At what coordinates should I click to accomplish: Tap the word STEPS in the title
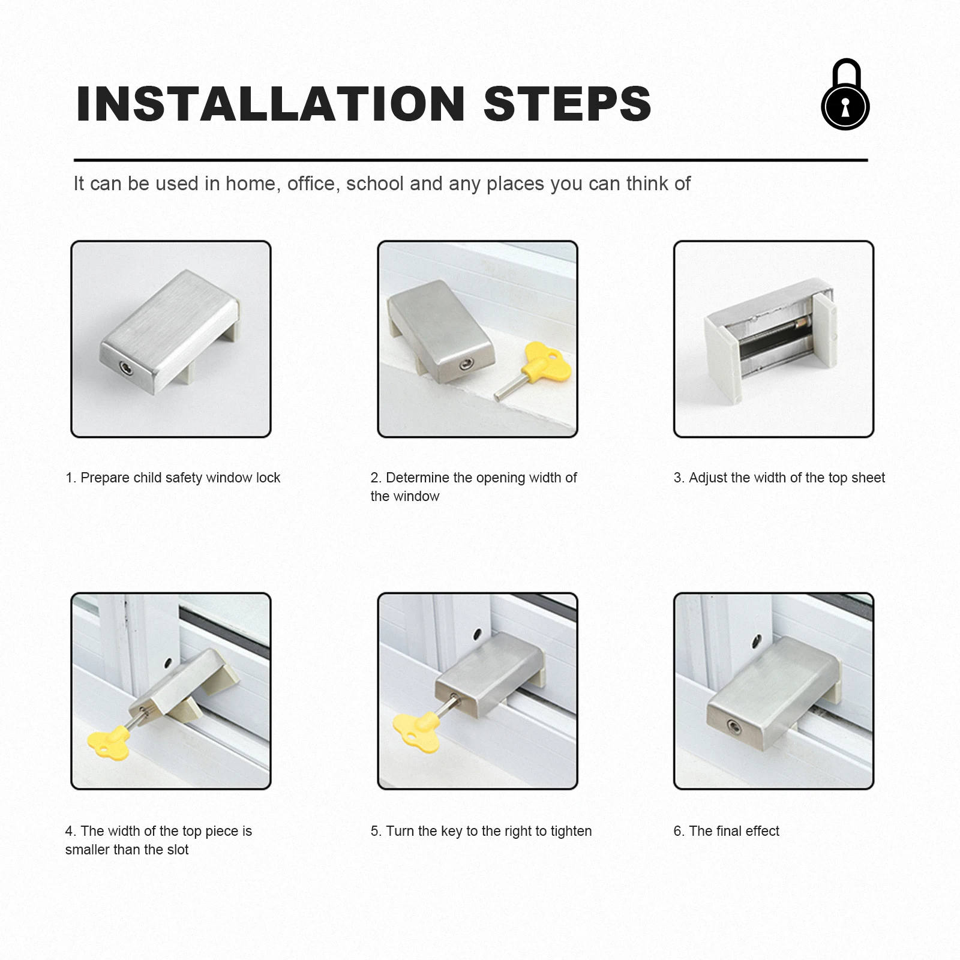tap(568, 104)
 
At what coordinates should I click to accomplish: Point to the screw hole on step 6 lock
tap(733, 727)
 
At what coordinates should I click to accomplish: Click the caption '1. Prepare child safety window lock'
tap(173, 478)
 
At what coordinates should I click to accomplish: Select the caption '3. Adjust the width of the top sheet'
tap(779, 478)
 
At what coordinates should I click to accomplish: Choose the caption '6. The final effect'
tap(726, 831)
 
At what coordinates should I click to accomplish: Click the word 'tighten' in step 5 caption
tap(571, 831)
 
